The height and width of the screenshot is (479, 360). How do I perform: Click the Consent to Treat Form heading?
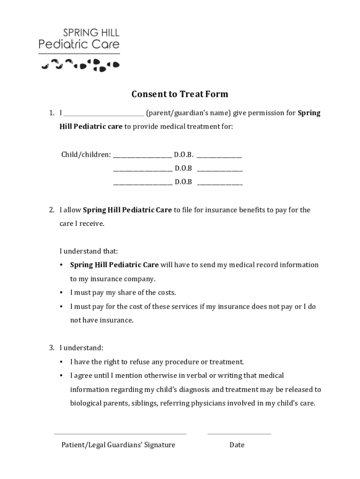pyautogui.click(x=180, y=94)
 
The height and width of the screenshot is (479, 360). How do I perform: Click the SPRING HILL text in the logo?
pyautogui.click(x=91, y=33)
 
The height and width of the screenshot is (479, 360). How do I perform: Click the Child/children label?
pyautogui.click(x=86, y=154)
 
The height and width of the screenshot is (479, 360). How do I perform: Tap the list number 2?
pyautogui.click(x=52, y=210)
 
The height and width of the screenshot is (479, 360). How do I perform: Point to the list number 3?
pyautogui.click(x=52, y=348)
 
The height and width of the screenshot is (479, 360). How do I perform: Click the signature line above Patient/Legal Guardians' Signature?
pyautogui.click(x=120, y=434)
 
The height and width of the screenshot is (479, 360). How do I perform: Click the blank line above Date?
pyautogui.click(x=239, y=434)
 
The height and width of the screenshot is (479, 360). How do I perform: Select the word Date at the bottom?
pyautogui.click(x=237, y=445)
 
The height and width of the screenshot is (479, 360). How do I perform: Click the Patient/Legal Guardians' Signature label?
pyautogui.click(x=118, y=445)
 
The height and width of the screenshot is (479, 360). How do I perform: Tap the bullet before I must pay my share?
pyautogui.click(x=61, y=293)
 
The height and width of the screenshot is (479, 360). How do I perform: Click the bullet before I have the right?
pyautogui.click(x=61, y=362)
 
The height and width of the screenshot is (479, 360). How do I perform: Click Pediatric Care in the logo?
pyautogui.click(x=79, y=44)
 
